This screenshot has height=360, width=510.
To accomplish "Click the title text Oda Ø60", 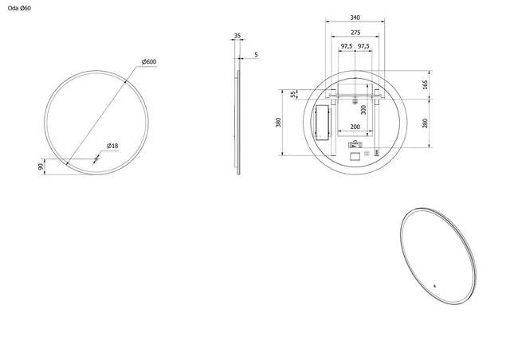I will coord(20,8).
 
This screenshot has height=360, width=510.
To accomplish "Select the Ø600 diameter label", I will coord(148,62).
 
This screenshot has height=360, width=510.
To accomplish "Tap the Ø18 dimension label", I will coord(112,146).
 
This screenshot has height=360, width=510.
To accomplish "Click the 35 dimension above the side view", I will coord(237,36).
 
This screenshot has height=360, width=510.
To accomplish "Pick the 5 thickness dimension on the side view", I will coord(255,55).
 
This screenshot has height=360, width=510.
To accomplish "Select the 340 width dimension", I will coord(355,18).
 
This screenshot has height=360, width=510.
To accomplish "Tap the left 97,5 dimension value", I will coord(346,46).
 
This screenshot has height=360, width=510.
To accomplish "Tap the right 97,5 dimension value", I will coord(363,46).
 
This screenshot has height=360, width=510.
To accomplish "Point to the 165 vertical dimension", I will coord(426,84).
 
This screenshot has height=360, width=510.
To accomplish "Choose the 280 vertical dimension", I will coord(426,123).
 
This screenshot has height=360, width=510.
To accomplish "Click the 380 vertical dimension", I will coord(278,123).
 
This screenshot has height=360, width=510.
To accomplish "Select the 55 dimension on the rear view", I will coord(293,94).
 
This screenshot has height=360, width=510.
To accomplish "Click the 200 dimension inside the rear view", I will coord(355,127).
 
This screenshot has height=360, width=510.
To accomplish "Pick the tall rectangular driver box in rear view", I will coord(324,124).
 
